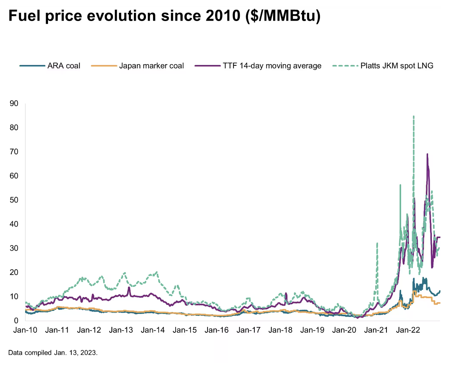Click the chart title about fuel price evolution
point(164,17)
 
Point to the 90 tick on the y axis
point(14,103)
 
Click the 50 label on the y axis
point(14,200)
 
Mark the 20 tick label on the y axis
point(14,272)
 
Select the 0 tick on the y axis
point(16,321)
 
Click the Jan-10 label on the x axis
point(25,330)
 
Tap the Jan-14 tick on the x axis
point(154,330)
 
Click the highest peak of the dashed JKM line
point(413,116)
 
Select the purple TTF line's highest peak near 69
point(427,154)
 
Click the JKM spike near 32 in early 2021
point(377,243)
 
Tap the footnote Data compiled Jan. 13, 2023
point(53,353)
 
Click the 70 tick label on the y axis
point(14,152)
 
